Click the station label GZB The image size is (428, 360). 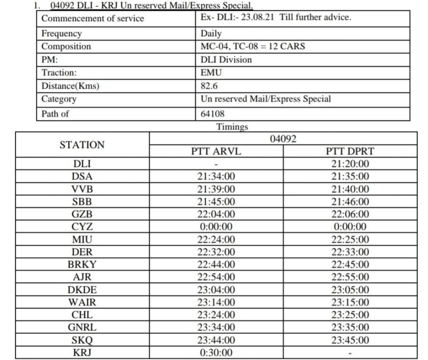click(x=82, y=214)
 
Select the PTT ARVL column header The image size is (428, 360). click(x=216, y=152)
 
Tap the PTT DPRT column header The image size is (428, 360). click(x=350, y=152)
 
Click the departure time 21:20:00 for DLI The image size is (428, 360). click(x=350, y=164)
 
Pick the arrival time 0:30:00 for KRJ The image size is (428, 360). click(x=216, y=352)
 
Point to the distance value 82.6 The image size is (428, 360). click(x=209, y=86)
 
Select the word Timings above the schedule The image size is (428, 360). click(x=232, y=127)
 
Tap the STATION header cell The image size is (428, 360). click(x=82, y=145)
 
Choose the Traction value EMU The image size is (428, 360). click(x=211, y=73)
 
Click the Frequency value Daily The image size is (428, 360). click(x=211, y=33)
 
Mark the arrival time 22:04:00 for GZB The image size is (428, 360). click(x=216, y=214)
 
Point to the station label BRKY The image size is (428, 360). click(x=82, y=265)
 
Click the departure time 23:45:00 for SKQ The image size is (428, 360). click(x=350, y=340)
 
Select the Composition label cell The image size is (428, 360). click(x=66, y=46)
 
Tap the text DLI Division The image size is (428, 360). click(x=226, y=59)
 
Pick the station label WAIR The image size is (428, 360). click(x=82, y=302)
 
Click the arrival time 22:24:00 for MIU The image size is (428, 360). click(x=216, y=240)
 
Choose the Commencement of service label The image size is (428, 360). click(x=92, y=18)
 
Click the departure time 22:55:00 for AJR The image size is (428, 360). click(x=350, y=277)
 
